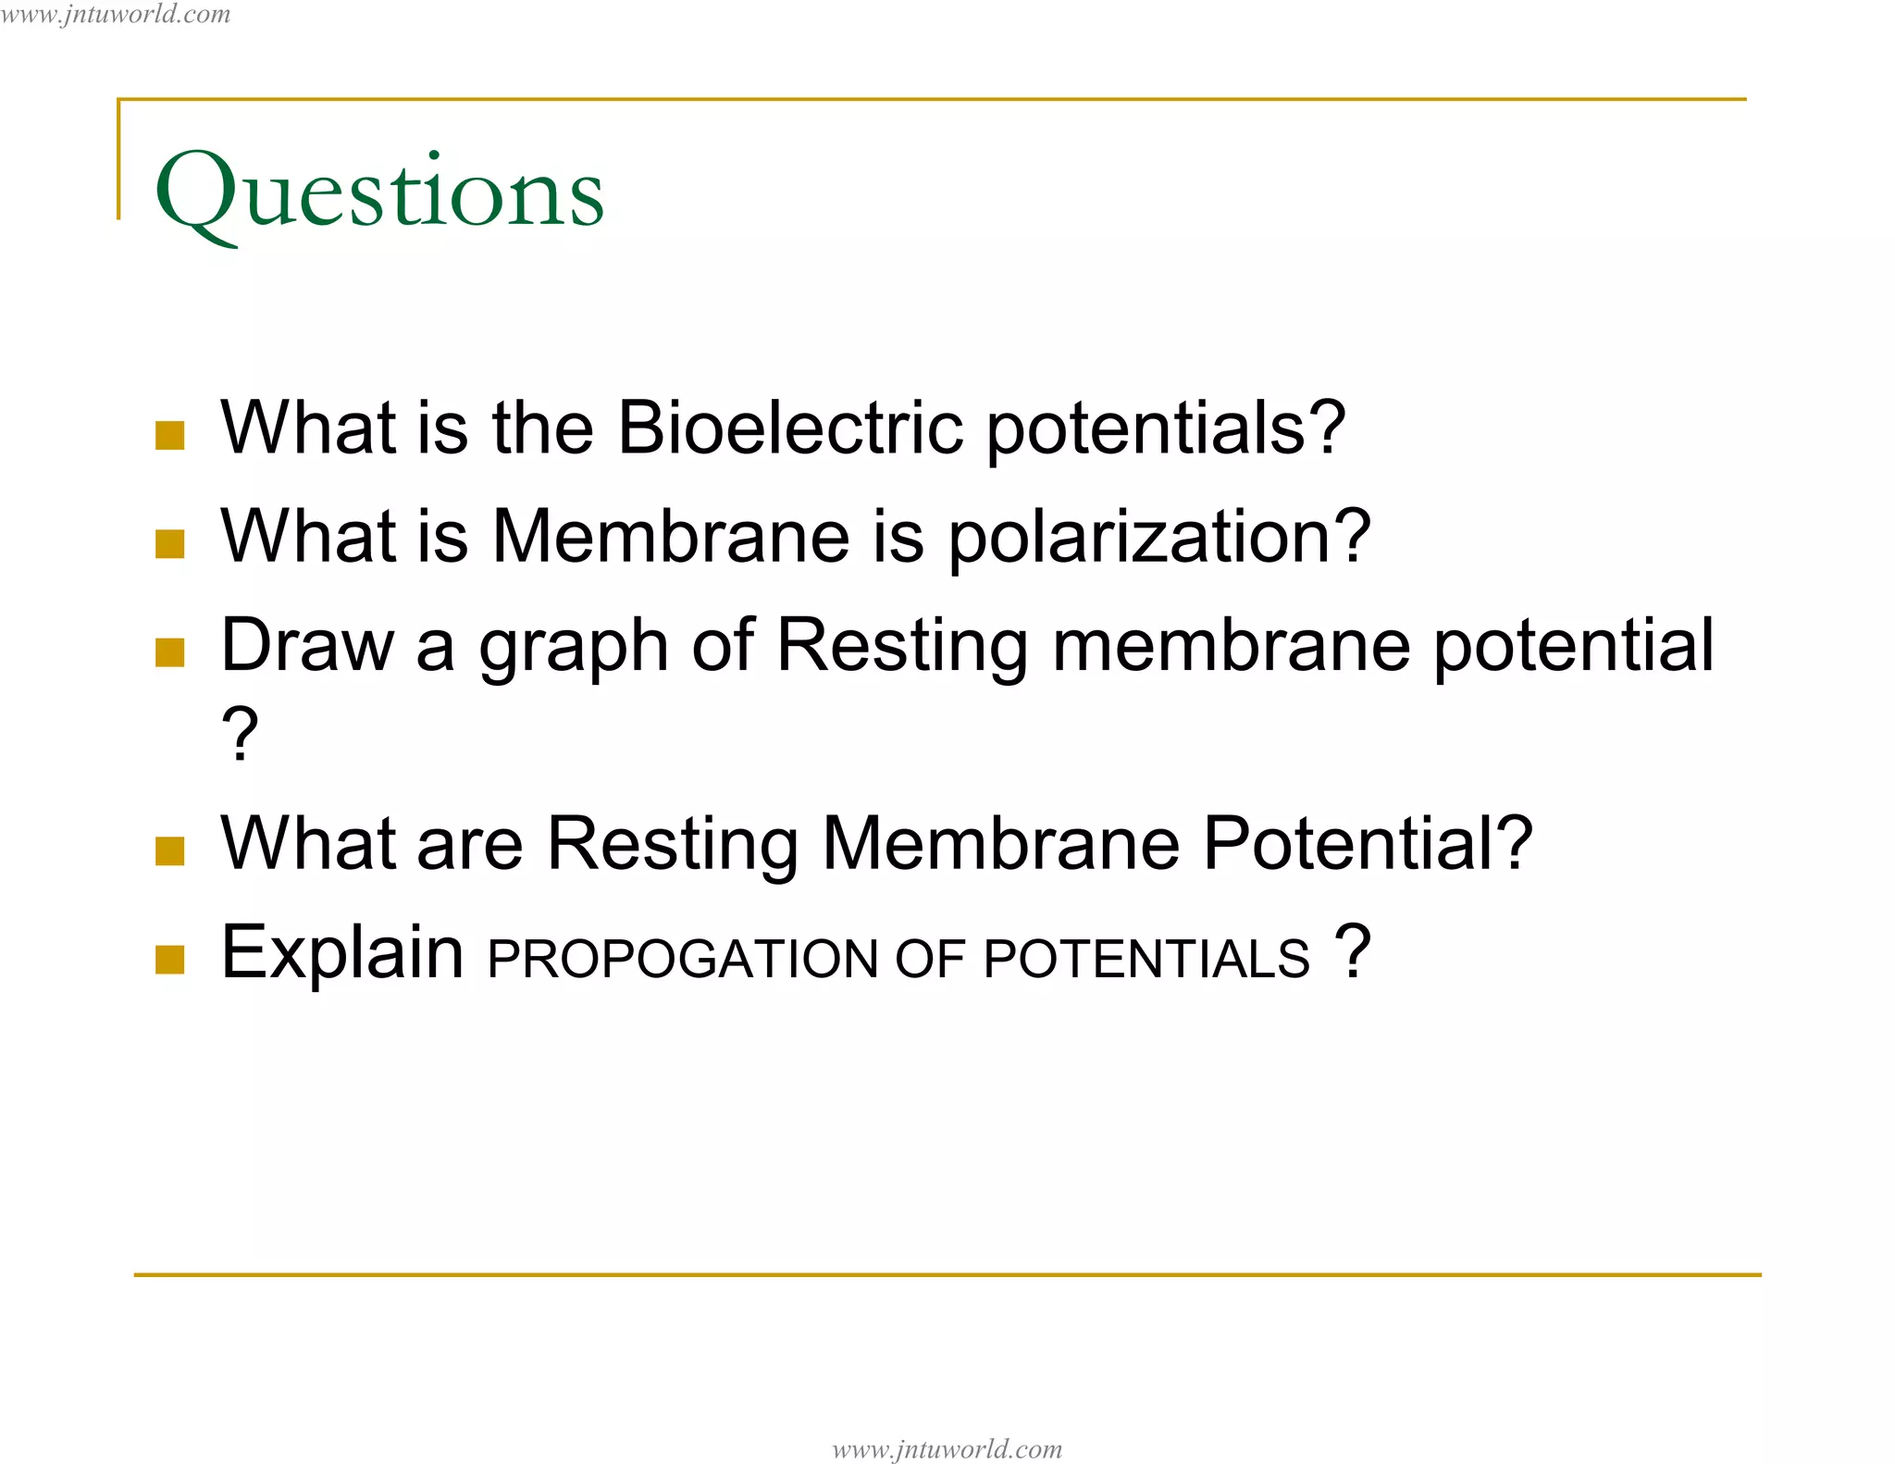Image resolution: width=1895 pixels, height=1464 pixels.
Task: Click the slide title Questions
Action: click(379, 192)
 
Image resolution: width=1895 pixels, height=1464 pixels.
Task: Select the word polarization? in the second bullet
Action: click(1159, 537)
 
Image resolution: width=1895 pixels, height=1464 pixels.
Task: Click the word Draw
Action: click(307, 645)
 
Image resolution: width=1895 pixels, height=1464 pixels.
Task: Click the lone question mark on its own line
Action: click(240, 734)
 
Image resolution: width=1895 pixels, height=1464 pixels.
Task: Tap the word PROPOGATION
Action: click(680, 959)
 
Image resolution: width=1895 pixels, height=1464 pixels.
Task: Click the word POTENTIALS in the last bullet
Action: click(1146, 959)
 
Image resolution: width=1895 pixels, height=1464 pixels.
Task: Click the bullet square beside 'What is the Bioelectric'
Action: click(170, 435)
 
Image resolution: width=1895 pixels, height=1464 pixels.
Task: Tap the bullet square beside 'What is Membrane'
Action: click(170, 544)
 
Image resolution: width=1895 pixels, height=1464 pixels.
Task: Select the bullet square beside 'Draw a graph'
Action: click(170, 652)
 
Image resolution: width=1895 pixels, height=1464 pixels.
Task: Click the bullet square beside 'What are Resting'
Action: click(170, 850)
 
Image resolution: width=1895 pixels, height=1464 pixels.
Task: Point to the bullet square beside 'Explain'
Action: click(170, 960)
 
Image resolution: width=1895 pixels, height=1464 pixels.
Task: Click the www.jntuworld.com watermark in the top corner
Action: click(116, 14)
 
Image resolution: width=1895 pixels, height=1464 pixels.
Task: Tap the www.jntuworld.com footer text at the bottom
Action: click(947, 1448)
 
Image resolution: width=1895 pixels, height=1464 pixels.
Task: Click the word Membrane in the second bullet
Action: click(671, 537)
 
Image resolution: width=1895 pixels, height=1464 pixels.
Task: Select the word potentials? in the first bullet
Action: click(1165, 429)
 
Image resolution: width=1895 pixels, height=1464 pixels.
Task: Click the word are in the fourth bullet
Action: click(470, 845)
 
